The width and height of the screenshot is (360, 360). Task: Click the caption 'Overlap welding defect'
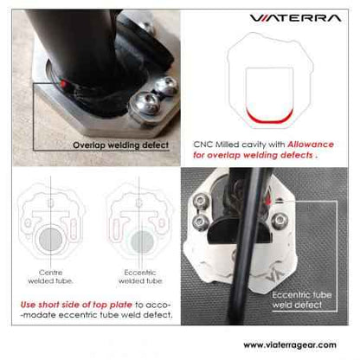point(119,145)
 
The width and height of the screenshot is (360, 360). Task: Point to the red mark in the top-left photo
point(67,83)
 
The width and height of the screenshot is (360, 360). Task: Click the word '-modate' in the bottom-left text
point(39,315)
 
